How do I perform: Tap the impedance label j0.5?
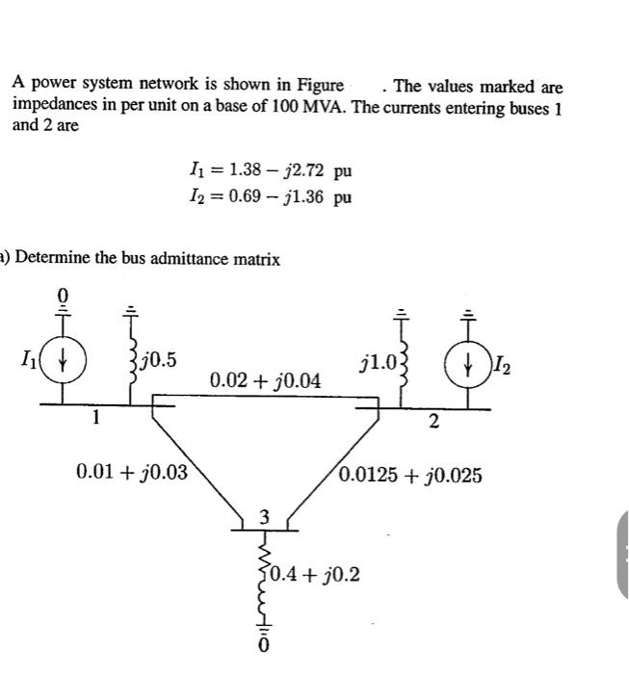point(158,361)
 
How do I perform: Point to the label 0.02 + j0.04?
point(266,381)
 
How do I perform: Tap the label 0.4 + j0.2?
point(315,575)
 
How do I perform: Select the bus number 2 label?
point(433,420)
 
